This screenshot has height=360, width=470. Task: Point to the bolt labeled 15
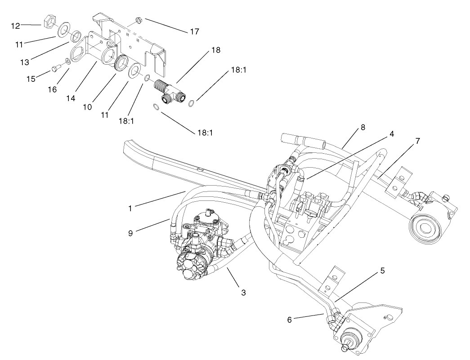click(56, 68)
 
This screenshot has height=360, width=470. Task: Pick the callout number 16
click(52, 89)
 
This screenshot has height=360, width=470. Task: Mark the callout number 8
click(363, 128)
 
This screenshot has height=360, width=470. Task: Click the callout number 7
click(417, 141)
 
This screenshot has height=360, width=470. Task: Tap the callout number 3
click(243, 293)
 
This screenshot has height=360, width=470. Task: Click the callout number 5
click(382, 271)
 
